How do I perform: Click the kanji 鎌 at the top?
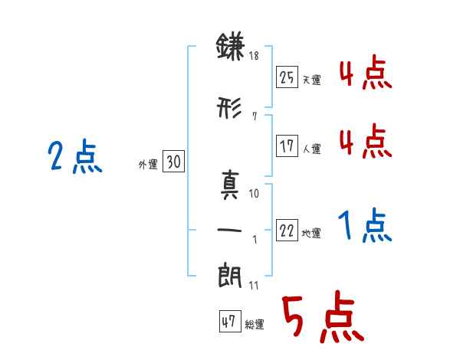230,46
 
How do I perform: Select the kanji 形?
229,107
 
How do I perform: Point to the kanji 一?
229,230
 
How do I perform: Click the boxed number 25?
287,77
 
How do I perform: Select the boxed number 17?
287,146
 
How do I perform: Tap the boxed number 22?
287,230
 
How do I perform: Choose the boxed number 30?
173,161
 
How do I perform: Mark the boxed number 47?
230,321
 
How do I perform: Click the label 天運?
311,80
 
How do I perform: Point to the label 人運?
311,149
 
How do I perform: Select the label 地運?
311,233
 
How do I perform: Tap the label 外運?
148,165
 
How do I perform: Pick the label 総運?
255,324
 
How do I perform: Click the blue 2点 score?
75,156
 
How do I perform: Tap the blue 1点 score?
365,225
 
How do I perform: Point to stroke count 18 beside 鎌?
254,55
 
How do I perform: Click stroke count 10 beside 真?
254,194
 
